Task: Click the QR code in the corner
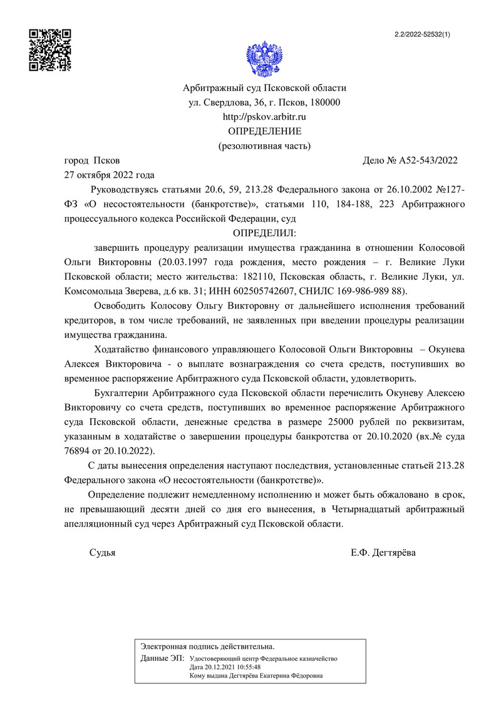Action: point(51,50)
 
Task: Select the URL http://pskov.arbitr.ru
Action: point(264,117)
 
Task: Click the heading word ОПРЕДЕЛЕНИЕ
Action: point(264,131)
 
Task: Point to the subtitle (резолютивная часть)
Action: point(264,145)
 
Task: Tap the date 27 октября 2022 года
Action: point(110,175)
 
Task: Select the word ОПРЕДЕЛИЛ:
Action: point(264,233)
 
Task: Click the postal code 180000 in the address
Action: point(322,102)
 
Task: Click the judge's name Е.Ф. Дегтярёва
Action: point(383,554)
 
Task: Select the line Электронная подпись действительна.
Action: point(207,646)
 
